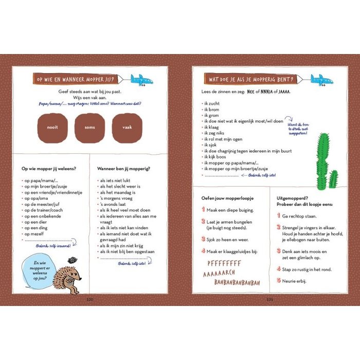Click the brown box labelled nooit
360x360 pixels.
point(52,128)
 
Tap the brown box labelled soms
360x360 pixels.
point(90,128)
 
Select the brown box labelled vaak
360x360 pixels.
point(127,128)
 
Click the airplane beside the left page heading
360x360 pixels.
point(141,79)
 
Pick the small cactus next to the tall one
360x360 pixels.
point(333,178)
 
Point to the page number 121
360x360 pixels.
point(269,299)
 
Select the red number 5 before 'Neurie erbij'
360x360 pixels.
point(278,281)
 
